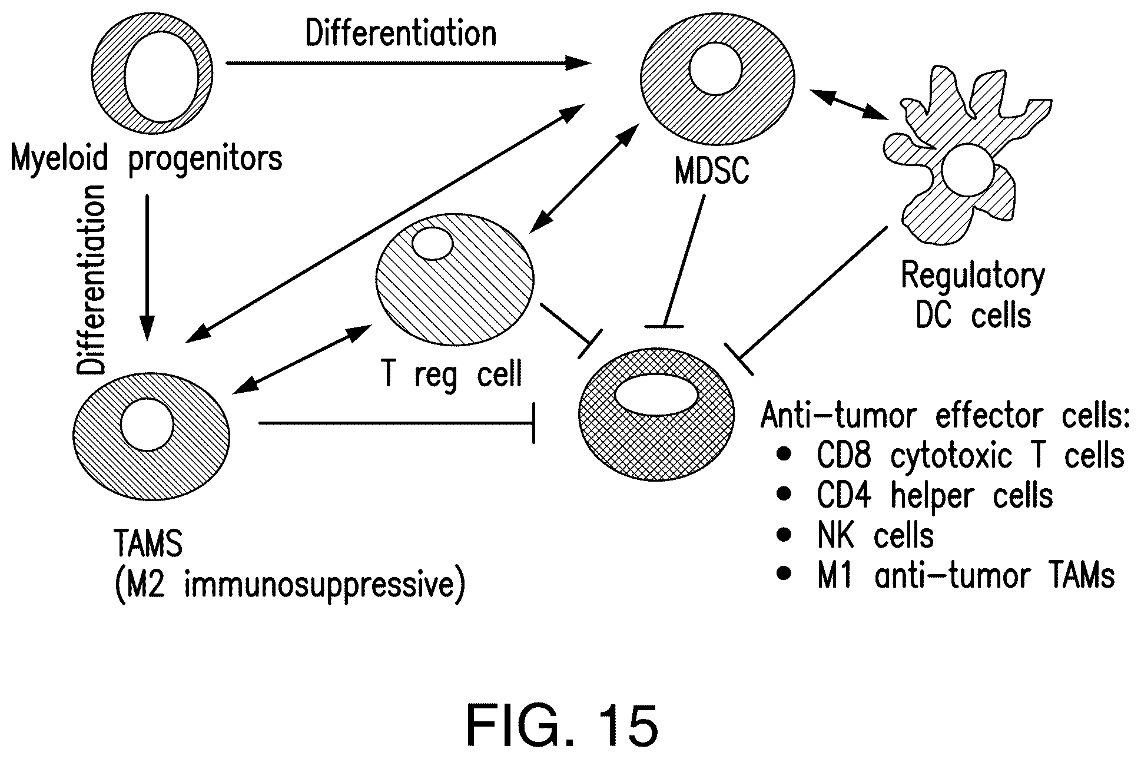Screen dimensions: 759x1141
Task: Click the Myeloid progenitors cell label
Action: [147, 160]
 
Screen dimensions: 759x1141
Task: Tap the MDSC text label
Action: [712, 172]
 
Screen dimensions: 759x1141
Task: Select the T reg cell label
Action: [452, 373]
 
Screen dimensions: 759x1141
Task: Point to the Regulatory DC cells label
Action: [973, 296]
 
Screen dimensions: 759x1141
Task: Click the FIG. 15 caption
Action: [562, 726]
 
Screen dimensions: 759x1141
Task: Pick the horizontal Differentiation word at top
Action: [401, 34]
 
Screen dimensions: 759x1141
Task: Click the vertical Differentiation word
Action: [92, 280]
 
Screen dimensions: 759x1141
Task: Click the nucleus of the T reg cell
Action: [432, 244]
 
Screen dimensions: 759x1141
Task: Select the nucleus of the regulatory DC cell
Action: [967, 171]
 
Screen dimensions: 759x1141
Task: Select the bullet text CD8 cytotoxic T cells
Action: [970, 456]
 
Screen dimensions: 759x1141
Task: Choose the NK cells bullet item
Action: [875, 536]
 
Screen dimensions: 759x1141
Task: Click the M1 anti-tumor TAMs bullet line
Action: [966, 576]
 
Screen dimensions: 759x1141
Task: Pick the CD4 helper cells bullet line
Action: [934, 496]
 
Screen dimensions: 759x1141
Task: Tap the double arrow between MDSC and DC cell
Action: [850, 105]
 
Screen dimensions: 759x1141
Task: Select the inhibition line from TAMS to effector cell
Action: [396, 423]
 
